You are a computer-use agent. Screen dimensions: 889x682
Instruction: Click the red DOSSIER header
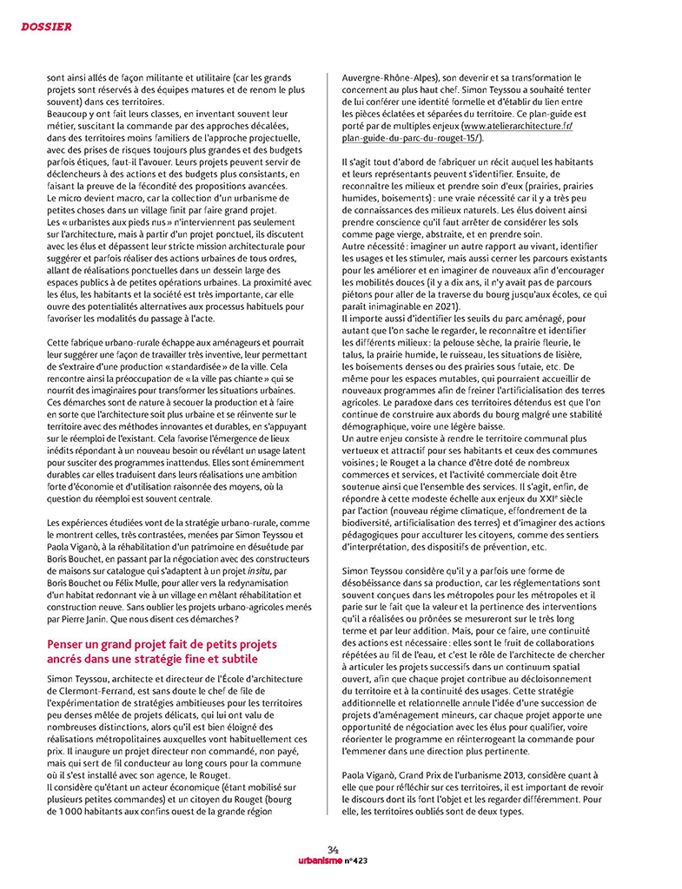pyautogui.click(x=46, y=27)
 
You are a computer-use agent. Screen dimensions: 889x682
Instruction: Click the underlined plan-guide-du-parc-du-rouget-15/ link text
pyautogui.click(x=413, y=137)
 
